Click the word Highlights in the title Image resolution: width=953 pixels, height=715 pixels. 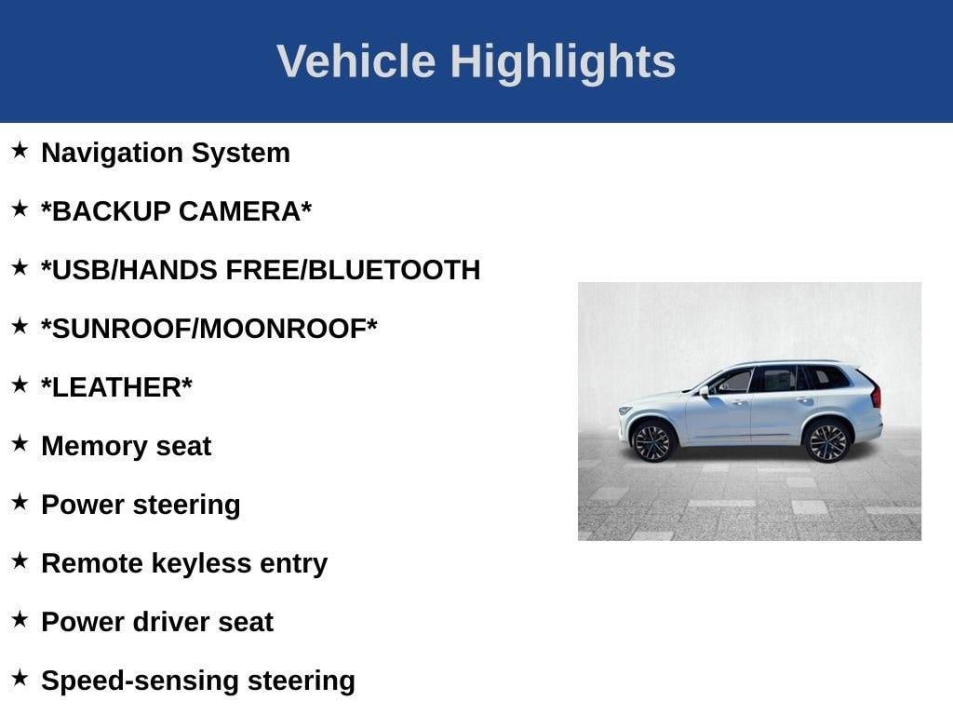point(562,62)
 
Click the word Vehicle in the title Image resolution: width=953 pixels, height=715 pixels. point(356,62)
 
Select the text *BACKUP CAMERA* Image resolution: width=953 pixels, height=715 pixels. point(176,211)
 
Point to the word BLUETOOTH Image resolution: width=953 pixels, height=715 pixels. point(394,270)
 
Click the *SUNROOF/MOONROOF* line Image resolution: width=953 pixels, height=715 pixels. point(209,329)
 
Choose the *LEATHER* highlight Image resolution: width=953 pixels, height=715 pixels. point(116,387)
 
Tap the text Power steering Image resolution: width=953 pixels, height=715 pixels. point(141,505)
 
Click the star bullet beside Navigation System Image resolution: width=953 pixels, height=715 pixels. point(20,150)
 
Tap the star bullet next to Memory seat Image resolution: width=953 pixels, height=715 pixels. point(20,443)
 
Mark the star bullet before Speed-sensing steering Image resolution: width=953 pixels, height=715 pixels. point(20,678)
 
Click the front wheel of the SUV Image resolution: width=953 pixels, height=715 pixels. point(652,440)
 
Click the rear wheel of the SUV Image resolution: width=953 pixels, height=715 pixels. point(826,440)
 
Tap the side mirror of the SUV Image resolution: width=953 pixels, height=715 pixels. point(705,392)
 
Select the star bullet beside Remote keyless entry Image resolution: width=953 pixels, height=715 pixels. point(20,560)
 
